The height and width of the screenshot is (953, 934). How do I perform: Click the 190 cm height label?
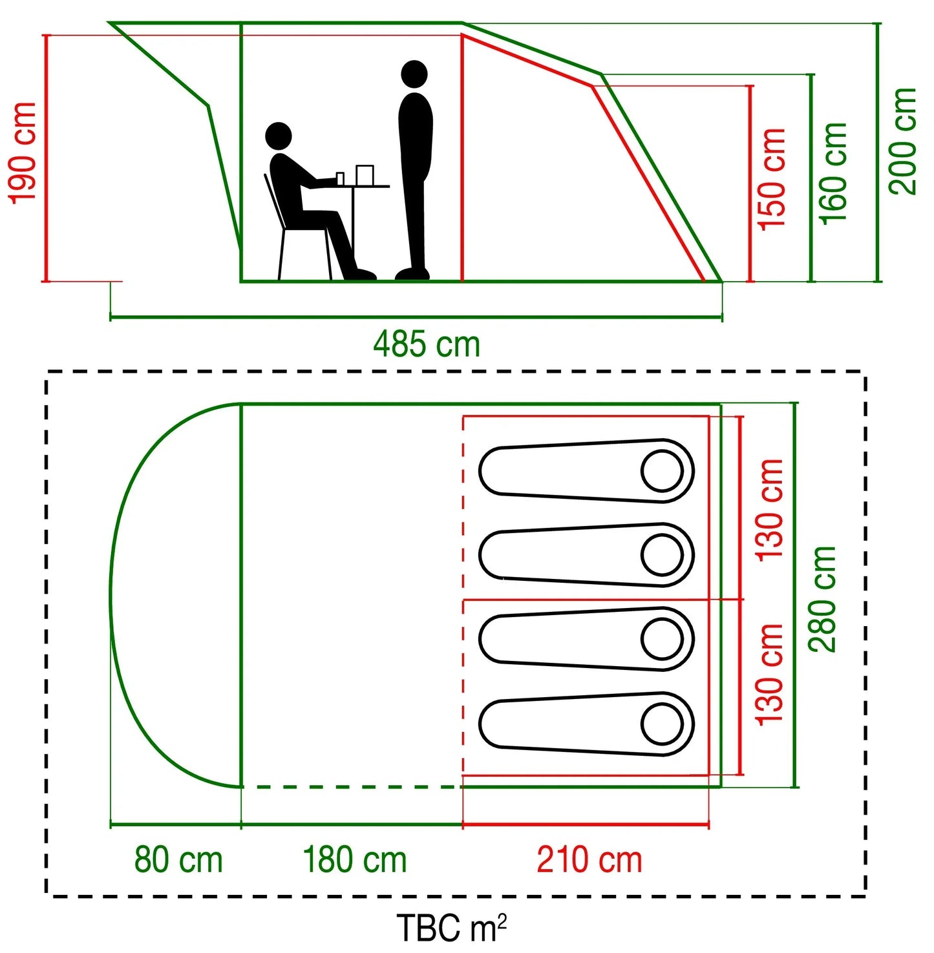(x=22, y=152)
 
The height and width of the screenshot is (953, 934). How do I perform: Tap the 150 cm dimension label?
(x=772, y=178)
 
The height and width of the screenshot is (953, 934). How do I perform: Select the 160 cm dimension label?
(x=833, y=173)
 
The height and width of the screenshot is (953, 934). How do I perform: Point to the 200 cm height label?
(x=902, y=141)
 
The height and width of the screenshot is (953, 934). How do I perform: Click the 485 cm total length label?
(x=427, y=344)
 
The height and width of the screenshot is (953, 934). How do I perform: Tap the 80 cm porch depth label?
(x=178, y=860)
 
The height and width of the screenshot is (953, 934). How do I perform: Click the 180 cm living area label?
(x=355, y=860)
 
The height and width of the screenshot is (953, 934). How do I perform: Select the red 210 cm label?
(x=589, y=860)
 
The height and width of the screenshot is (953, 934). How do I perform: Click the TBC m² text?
(x=451, y=927)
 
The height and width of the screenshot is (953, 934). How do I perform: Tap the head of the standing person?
(x=414, y=74)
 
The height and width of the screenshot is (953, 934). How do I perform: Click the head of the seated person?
(x=279, y=136)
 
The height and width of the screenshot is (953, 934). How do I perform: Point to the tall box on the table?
(x=365, y=175)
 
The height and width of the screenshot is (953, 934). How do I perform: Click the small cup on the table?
(x=340, y=178)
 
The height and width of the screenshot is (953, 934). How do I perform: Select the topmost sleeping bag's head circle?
(x=663, y=471)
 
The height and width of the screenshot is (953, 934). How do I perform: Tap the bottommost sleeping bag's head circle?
(x=663, y=724)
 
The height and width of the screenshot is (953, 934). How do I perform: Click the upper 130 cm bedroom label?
(x=770, y=510)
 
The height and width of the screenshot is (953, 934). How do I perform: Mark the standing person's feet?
(x=412, y=274)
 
